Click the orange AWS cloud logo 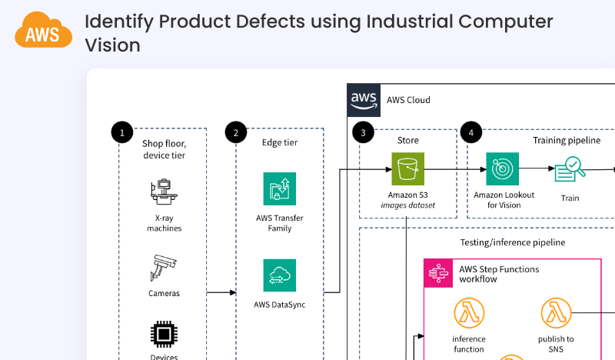point(43,30)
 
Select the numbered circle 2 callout point(235,132)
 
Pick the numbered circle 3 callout point(363,132)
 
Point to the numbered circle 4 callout point(470,132)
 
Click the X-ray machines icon point(163,192)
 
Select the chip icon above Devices point(163,335)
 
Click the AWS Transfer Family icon point(279,189)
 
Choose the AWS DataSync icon point(279,275)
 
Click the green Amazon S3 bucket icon point(407,168)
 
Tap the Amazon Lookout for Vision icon point(503,168)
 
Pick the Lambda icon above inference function point(468,313)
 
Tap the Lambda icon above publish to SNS point(556,313)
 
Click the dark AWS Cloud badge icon point(364,99)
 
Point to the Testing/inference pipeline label point(512,242)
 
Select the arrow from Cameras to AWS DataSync point(221,292)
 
